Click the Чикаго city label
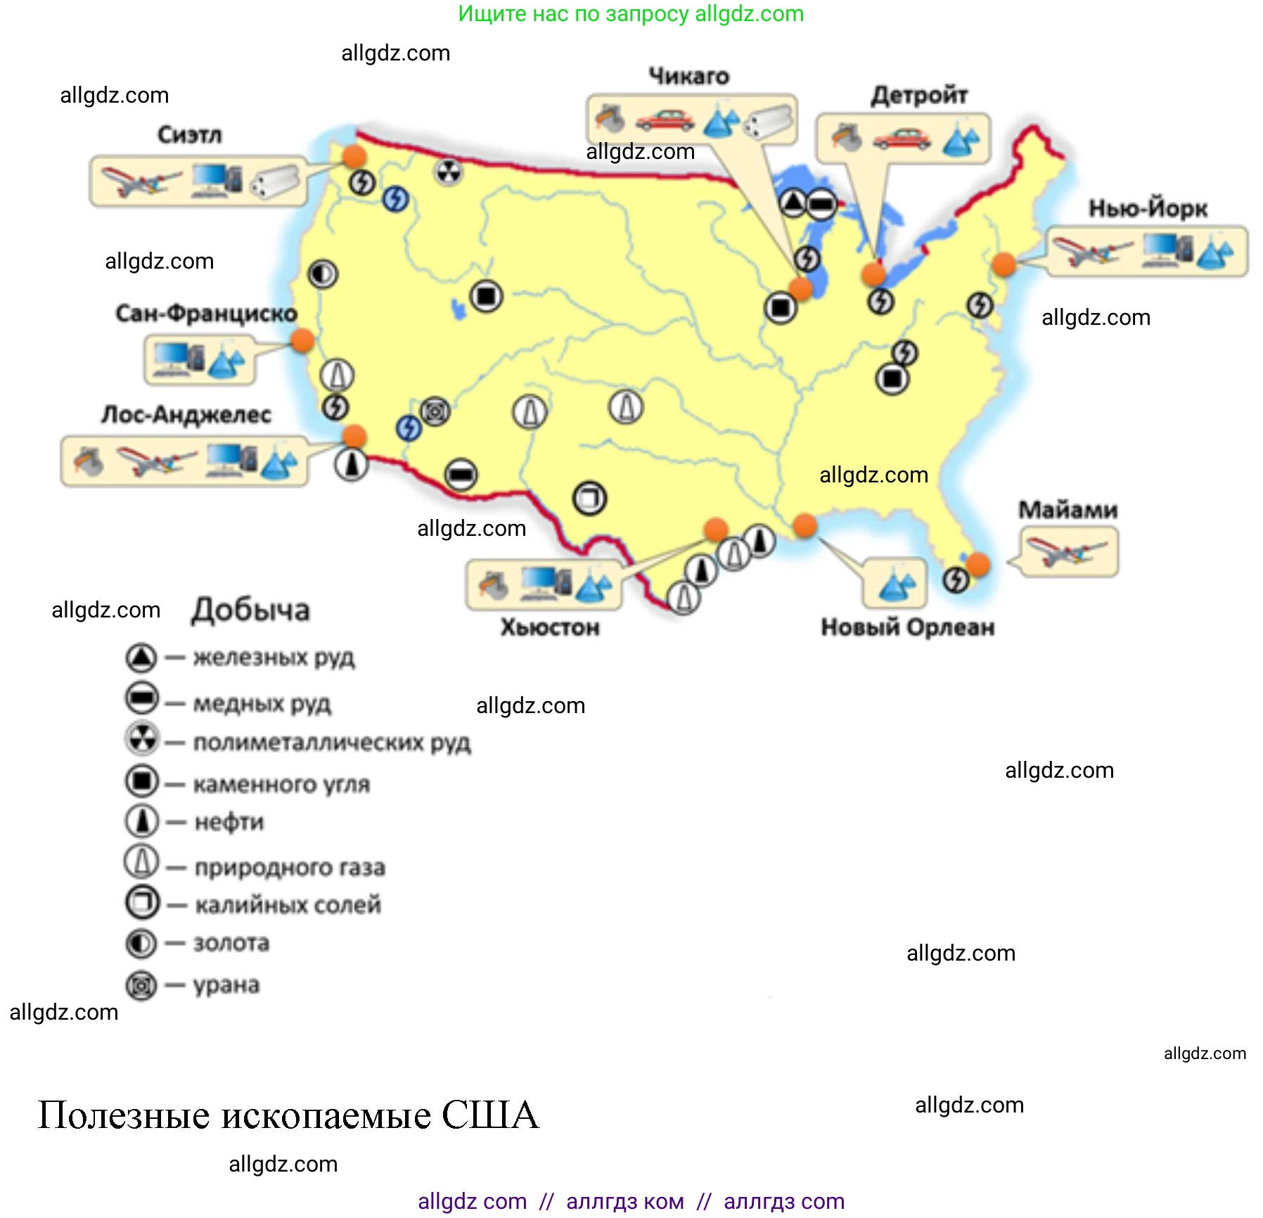[x=688, y=76]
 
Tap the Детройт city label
[x=919, y=95]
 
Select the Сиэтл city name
[x=189, y=134]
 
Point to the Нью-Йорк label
[x=1148, y=208]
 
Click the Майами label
[x=1068, y=509]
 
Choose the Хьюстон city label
[x=550, y=627]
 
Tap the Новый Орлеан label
[x=907, y=627]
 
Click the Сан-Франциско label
[x=206, y=313]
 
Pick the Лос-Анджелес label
[x=186, y=414]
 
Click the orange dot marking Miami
[x=977, y=563]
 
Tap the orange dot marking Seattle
[x=354, y=156]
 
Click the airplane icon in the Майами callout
[x=1066, y=552]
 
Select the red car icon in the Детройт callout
[x=902, y=139]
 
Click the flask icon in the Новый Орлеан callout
[x=895, y=585]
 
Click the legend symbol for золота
[x=141, y=943]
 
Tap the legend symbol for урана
[x=141, y=985]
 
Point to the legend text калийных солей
[x=288, y=904]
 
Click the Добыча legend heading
[x=250, y=610]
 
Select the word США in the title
[x=489, y=1115]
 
